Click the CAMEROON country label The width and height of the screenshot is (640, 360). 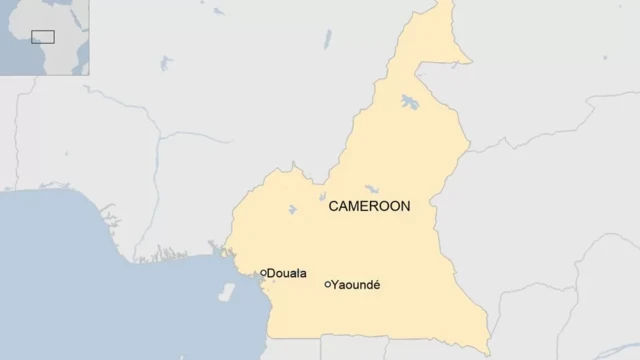(370, 207)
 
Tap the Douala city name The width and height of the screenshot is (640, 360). (288, 273)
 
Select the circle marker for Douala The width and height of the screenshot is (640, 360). (264, 272)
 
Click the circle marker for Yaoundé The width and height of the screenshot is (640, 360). (328, 285)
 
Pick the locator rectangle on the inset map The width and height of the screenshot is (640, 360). (42, 37)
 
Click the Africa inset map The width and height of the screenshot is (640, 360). (45, 37)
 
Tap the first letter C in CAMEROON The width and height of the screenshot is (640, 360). (334, 207)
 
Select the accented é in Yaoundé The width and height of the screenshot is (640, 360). (376, 285)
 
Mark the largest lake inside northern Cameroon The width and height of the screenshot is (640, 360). (409, 102)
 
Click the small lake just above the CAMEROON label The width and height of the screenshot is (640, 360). (371, 188)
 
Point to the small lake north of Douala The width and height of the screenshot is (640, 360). (291, 210)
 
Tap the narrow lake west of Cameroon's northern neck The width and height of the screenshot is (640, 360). (327, 40)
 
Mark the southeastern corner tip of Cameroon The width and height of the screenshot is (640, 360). (489, 352)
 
